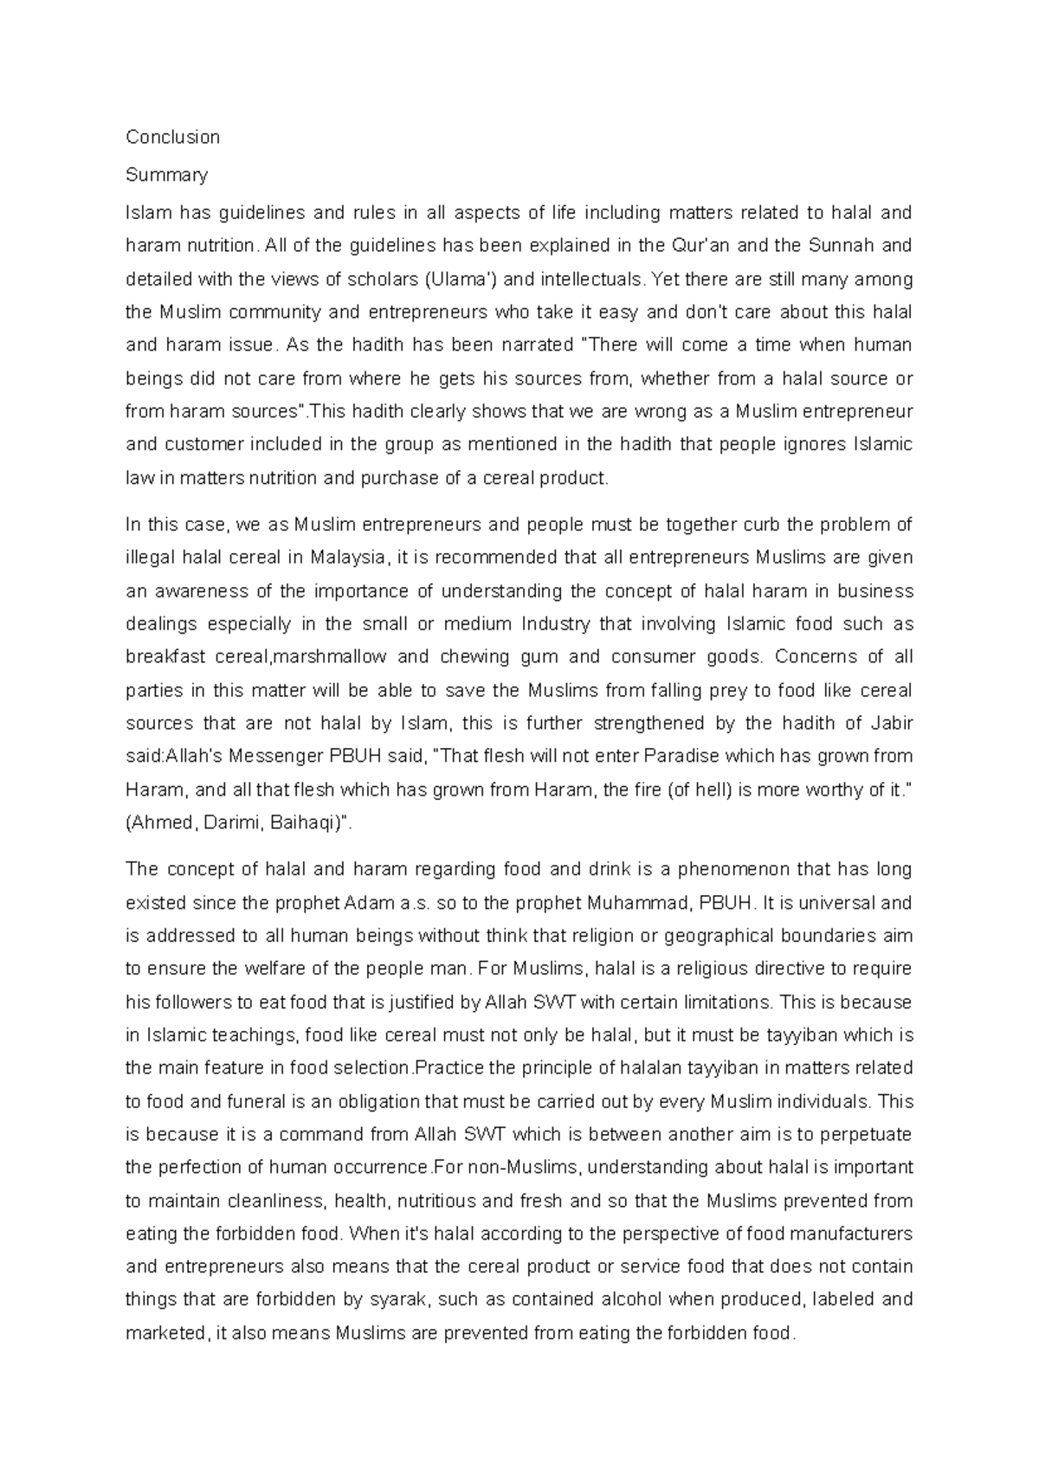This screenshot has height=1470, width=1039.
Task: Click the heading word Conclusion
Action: (x=172, y=137)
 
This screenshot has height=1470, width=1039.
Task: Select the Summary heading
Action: (x=166, y=175)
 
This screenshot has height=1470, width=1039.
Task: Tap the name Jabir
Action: (x=892, y=723)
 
